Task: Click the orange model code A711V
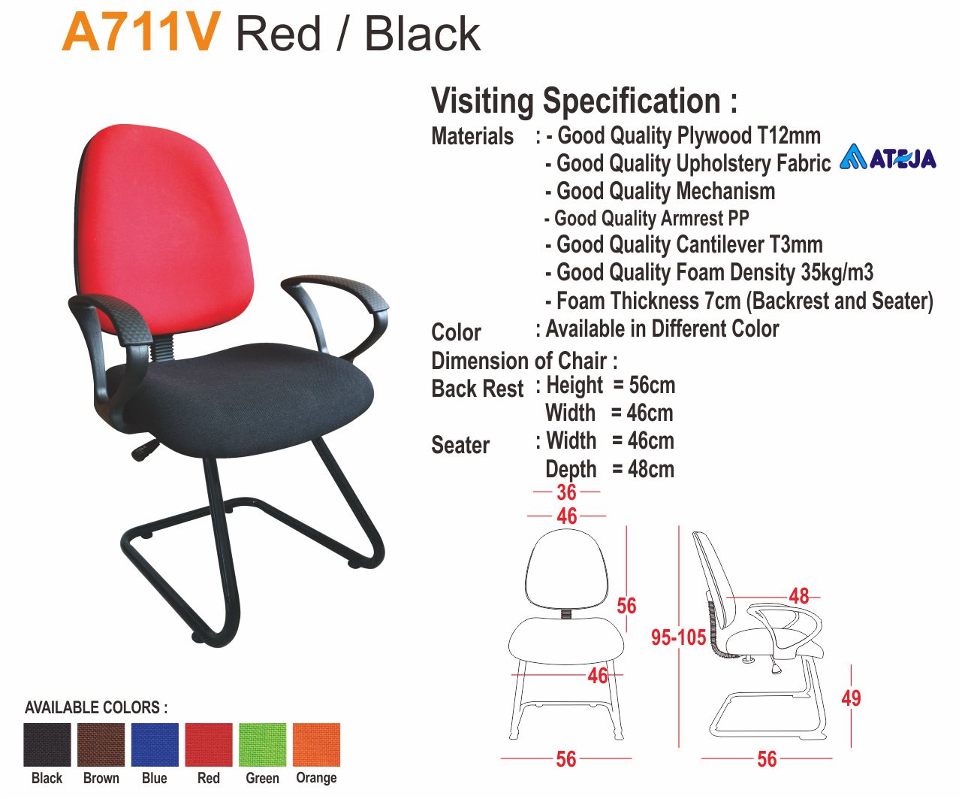click(141, 33)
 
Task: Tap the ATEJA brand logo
click(888, 157)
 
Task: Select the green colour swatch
click(262, 745)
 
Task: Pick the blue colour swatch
click(155, 745)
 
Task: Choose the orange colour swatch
click(316, 745)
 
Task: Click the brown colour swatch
click(101, 745)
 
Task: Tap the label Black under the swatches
click(47, 778)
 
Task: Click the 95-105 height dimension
click(678, 637)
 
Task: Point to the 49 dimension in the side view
click(851, 698)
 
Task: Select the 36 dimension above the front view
click(566, 492)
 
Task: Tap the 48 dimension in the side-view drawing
click(799, 596)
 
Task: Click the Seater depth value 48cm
click(651, 469)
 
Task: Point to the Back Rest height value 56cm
click(652, 386)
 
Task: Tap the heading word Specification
click(632, 101)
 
